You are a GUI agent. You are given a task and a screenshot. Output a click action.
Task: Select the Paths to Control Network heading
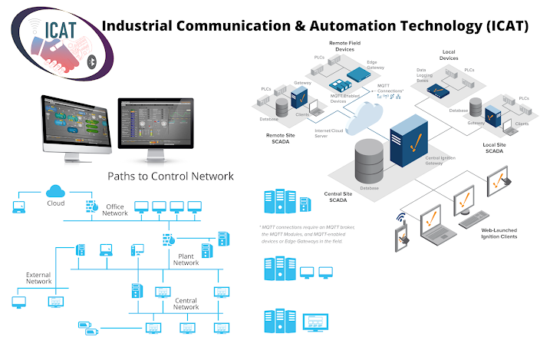click(x=170, y=176)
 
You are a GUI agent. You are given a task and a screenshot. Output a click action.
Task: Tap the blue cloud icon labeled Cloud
click(x=55, y=190)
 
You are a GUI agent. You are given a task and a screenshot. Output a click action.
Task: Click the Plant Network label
click(x=186, y=259)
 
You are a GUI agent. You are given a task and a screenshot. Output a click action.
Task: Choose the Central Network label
click(x=186, y=303)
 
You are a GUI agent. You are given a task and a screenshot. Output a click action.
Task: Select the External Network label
click(x=38, y=278)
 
